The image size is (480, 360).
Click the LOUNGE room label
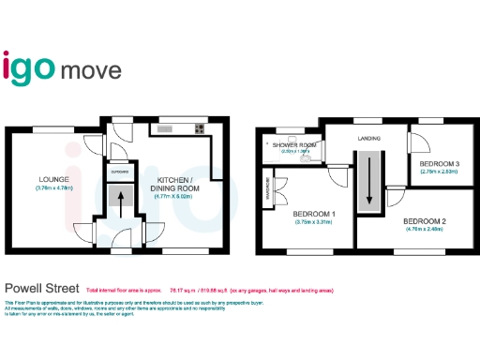49,178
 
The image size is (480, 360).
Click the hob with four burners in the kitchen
199,129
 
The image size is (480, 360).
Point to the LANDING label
369,139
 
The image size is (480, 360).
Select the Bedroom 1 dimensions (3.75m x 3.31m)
313,222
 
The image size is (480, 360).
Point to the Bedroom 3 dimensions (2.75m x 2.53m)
438,172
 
